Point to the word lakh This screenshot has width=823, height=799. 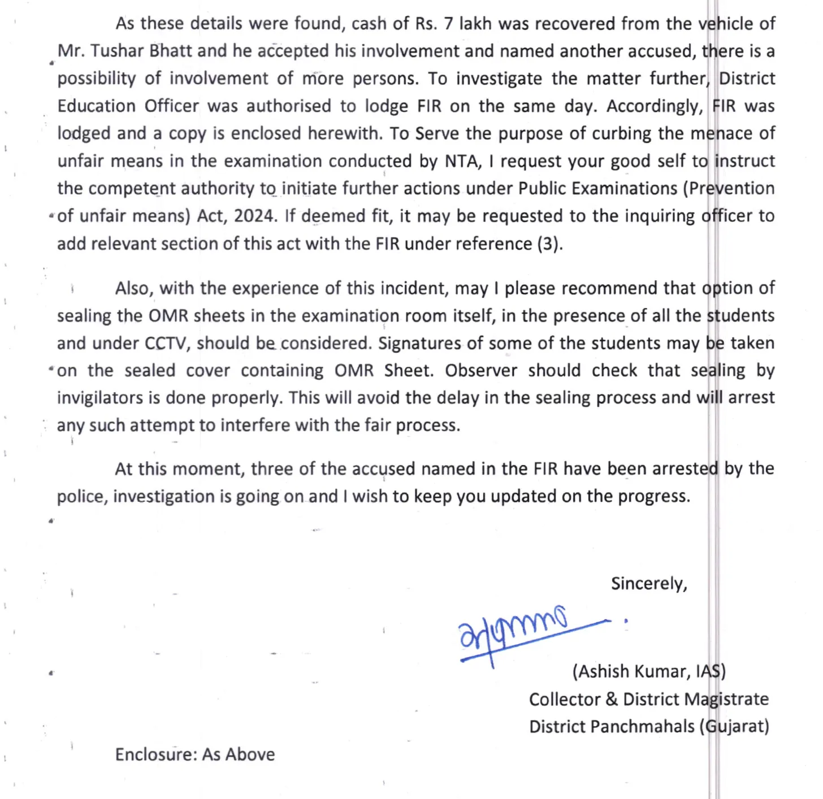(475, 24)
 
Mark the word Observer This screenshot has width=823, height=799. (480, 371)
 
